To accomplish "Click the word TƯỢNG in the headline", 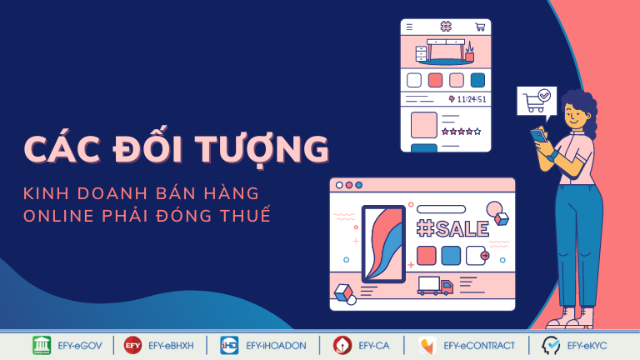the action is pos(262,147).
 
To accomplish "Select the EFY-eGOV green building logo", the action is pos(42,345).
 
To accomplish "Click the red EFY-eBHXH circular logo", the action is pos(132,345).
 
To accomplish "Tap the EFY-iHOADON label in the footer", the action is pos(276,346).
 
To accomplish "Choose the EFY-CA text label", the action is pos(374,346).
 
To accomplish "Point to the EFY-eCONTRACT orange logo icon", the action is pos(427,346).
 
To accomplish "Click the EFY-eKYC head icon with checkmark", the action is pos(551,346).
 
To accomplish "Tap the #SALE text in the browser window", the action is pos(452,228).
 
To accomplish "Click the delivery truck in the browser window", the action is pos(435,286).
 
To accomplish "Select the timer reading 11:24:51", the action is pos(472,99).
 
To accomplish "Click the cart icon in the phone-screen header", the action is pos(480,27).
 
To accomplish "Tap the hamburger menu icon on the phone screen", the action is pos(409,27).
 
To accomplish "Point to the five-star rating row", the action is pos(461,132).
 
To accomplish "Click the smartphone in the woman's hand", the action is pos(538,136).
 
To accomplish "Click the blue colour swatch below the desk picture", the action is pos(477,80).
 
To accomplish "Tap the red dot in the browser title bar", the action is pos(349,185).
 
